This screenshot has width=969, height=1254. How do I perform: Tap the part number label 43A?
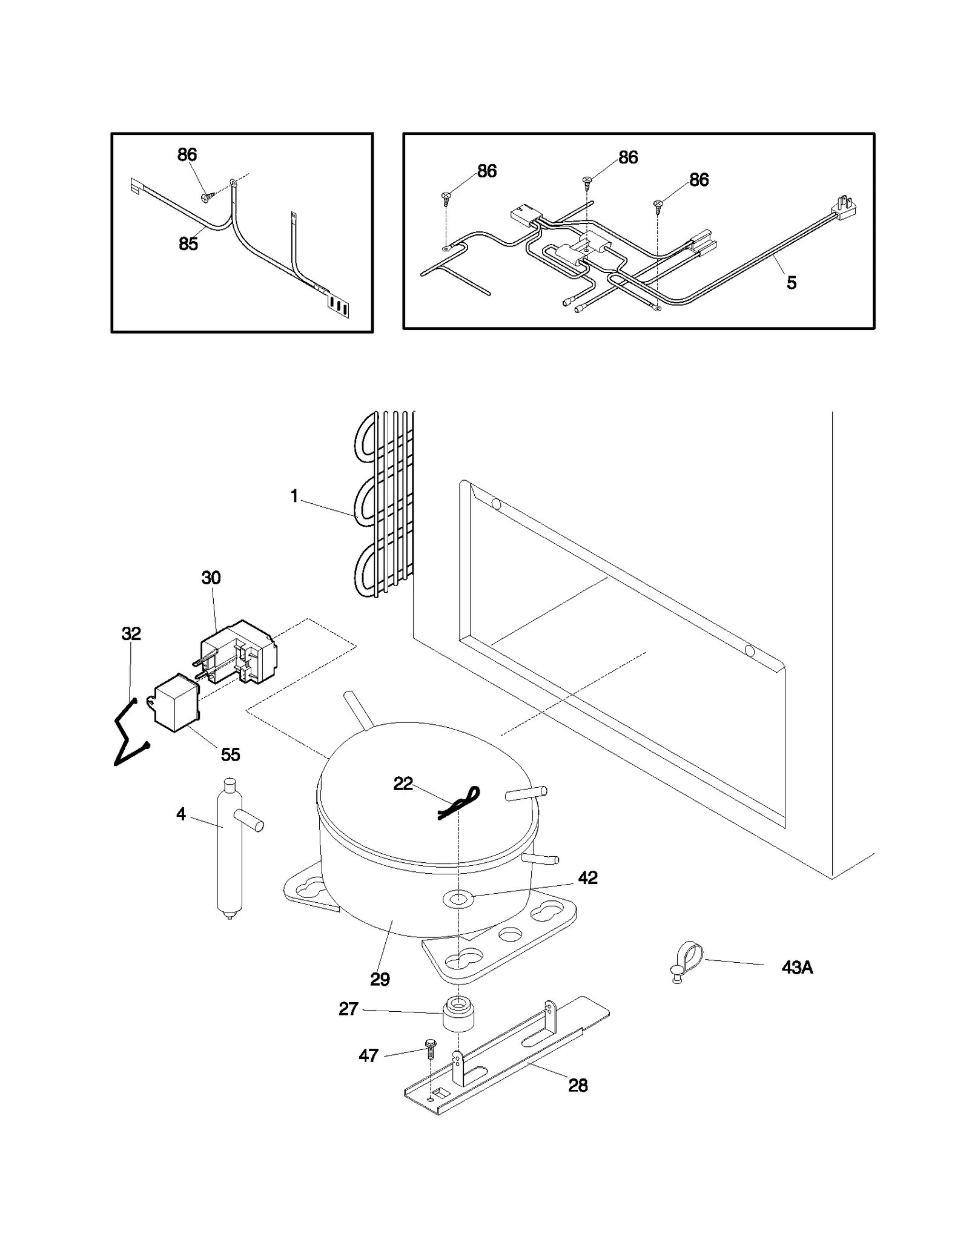point(796,968)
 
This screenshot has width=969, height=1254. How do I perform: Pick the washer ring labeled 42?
point(458,899)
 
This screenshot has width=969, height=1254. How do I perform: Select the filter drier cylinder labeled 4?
point(229,848)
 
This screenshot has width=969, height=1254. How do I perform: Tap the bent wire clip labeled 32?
point(130,733)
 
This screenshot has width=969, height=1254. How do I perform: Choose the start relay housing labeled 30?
point(239,653)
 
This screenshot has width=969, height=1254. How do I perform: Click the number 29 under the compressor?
point(380,979)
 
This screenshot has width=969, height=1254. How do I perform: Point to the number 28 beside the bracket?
point(578,1086)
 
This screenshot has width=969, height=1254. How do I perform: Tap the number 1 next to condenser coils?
point(294,497)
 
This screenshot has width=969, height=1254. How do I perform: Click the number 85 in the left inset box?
point(188,244)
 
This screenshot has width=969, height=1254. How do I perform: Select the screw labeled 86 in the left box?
point(208,196)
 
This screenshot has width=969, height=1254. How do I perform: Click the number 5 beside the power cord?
point(791,283)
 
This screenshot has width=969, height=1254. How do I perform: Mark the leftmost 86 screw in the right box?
point(446,196)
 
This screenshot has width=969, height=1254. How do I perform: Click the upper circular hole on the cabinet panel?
point(496,503)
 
